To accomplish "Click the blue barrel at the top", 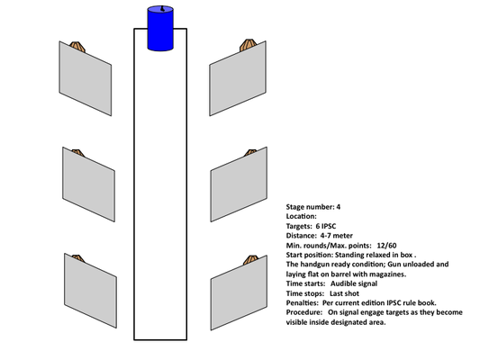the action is pyautogui.click(x=160, y=28).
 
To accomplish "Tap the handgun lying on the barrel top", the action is pyautogui.click(x=162, y=9).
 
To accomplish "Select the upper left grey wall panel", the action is pyautogui.click(x=86, y=78).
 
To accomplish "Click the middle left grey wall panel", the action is pyautogui.click(x=89, y=184).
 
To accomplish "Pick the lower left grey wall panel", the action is pyautogui.click(x=90, y=291).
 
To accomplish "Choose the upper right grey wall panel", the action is pyautogui.click(x=238, y=78).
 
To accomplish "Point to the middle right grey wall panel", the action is pyautogui.click(x=239, y=184).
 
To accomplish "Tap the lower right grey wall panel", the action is pyautogui.click(x=239, y=292).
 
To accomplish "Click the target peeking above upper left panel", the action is pyautogui.click(x=77, y=47).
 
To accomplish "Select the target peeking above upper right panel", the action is pyautogui.click(x=248, y=45).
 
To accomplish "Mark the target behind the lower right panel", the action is pyautogui.click(x=251, y=260).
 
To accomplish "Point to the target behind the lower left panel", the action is pyautogui.click(x=77, y=258).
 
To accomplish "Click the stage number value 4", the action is pyautogui.click(x=339, y=207).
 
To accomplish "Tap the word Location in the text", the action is pyautogui.click(x=300, y=217).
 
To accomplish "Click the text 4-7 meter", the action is pyautogui.click(x=337, y=236).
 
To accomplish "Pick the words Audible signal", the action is pyautogui.click(x=354, y=283).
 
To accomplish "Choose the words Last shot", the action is pyautogui.click(x=344, y=293).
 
